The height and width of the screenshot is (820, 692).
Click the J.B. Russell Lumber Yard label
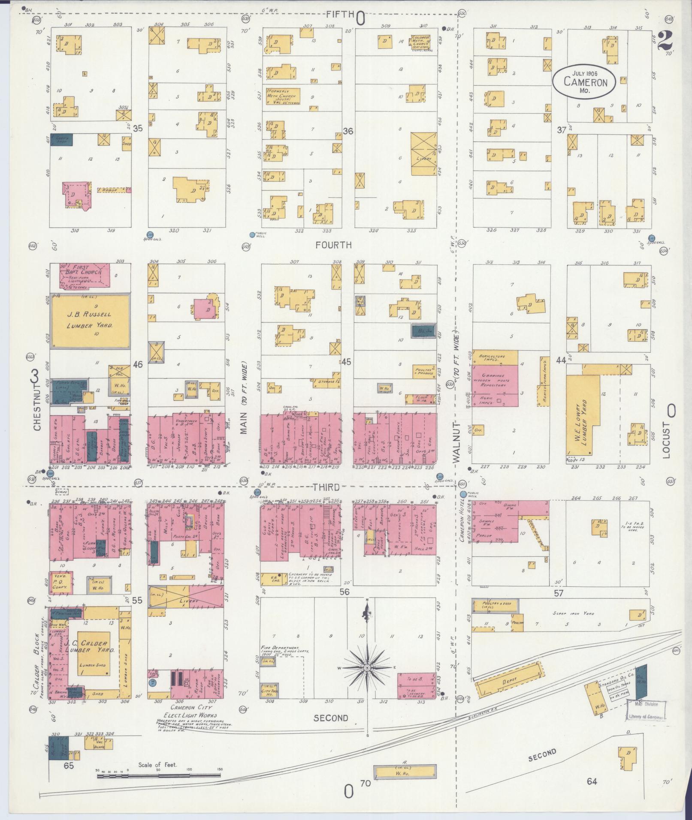[90, 320]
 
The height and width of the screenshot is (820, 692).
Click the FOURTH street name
[333, 245]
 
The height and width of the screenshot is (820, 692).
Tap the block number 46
[138, 365]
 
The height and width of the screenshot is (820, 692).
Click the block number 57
[558, 593]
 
